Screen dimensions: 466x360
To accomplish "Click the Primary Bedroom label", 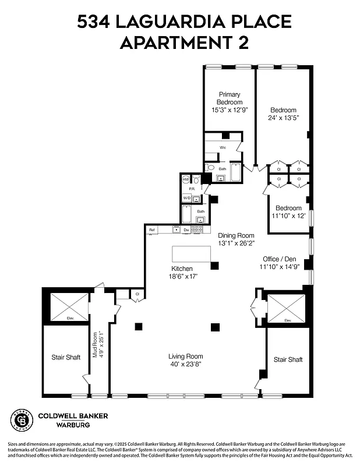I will pyautogui.click(x=230, y=98).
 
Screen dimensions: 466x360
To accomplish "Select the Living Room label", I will pyautogui.click(x=186, y=356).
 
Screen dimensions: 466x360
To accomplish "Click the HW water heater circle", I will pyautogui.click(x=186, y=180).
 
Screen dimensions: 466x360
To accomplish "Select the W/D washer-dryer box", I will pyautogui.click(x=186, y=198).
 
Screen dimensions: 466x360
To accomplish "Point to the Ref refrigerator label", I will pyautogui.click(x=152, y=230).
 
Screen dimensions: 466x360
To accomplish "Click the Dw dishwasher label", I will pyautogui.click(x=186, y=230).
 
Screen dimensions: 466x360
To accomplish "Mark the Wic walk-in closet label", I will pyautogui.click(x=223, y=147).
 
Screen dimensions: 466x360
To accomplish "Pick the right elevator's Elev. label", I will pyautogui.click(x=287, y=321).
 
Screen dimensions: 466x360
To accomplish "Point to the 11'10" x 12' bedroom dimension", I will pyautogui.click(x=288, y=216).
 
